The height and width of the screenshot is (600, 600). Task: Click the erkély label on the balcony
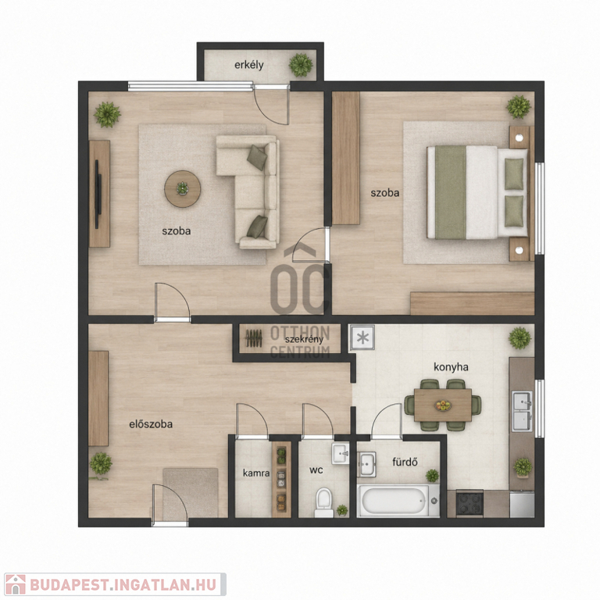(x=248, y=65)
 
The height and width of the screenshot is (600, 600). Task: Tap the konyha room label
(x=451, y=367)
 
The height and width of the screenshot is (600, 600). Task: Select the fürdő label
(x=405, y=462)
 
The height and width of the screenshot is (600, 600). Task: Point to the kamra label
(x=256, y=473)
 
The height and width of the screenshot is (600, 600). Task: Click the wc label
(x=316, y=470)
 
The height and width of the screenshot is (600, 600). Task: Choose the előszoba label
(x=151, y=424)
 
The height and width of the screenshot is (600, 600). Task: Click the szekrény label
(x=304, y=339)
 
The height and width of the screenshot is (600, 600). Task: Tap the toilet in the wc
(x=323, y=502)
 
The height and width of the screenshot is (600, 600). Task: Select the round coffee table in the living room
(x=183, y=188)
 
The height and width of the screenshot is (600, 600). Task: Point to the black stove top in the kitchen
(x=470, y=503)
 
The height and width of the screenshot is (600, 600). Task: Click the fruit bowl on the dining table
(x=443, y=405)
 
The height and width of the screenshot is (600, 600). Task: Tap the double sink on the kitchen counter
(x=522, y=411)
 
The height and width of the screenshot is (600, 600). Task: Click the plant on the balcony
(x=301, y=65)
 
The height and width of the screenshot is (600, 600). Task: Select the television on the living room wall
(x=98, y=194)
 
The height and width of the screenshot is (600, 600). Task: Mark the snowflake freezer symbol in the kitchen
(x=362, y=337)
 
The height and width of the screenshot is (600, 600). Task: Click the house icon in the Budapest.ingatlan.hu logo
(x=16, y=584)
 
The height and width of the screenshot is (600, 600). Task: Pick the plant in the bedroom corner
(x=519, y=107)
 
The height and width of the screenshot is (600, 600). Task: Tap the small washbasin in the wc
(x=340, y=454)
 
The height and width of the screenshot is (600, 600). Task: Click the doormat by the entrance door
(x=191, y=494)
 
